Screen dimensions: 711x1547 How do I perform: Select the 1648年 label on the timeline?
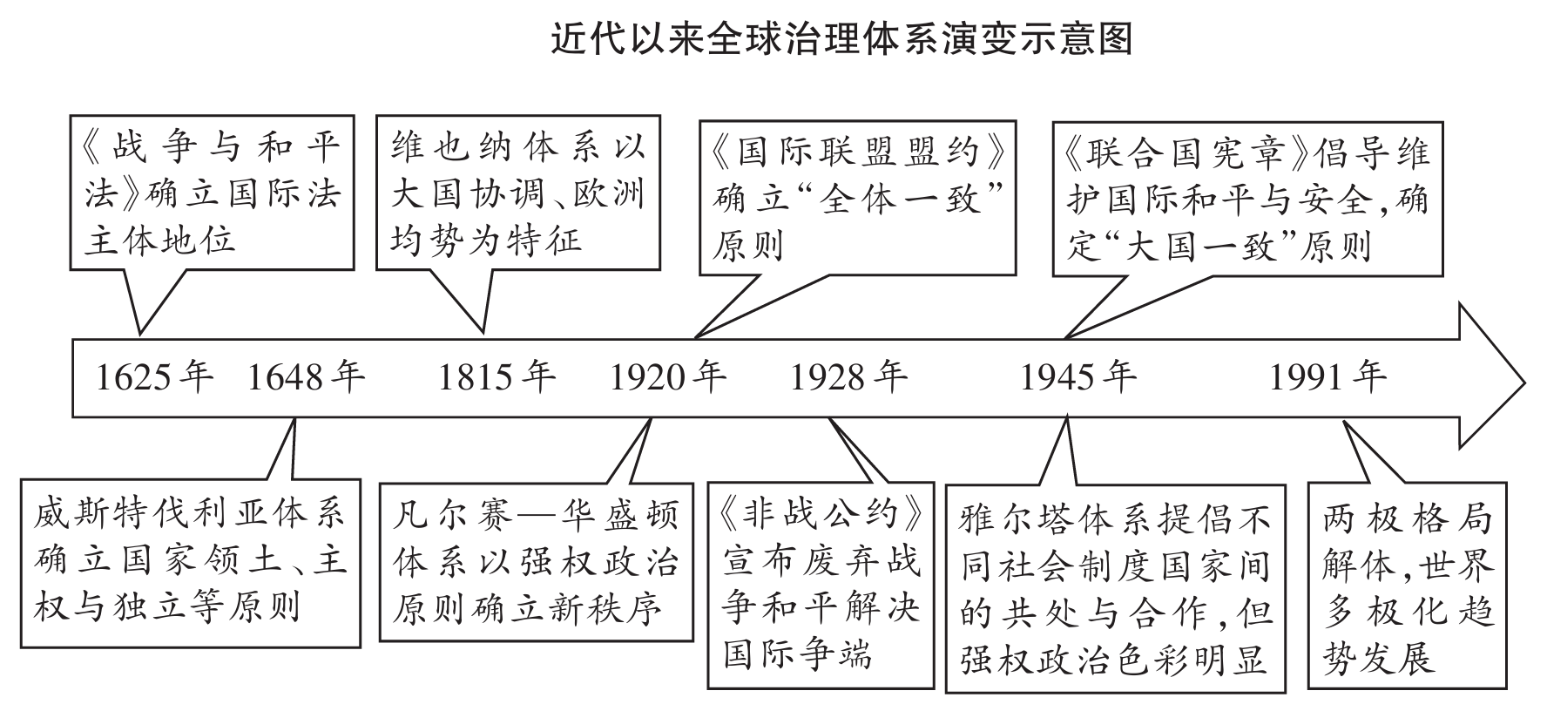point(306,376)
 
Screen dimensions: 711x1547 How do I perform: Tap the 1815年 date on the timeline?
point(496,376)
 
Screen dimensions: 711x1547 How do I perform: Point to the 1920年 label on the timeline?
point(667,376)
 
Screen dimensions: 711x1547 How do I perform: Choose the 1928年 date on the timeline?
point(848,376)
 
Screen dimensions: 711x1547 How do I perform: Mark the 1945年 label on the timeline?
point(1078,376)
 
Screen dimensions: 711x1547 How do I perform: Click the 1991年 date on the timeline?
point(1327,376)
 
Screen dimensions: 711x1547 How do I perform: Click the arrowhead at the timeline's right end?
point(1490,380)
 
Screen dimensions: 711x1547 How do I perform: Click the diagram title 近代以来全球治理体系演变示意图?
point(841,39)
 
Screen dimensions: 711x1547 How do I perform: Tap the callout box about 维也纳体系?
point(517,193)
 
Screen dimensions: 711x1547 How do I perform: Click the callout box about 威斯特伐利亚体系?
point(190,562)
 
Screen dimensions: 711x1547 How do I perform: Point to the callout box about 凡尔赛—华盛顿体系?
point(536,562)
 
